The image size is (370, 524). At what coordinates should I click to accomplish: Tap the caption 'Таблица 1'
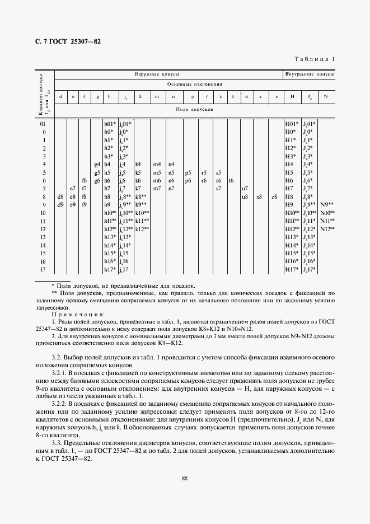(x=315, y=59)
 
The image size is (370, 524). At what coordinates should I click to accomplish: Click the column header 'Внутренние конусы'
(x=310, y=74)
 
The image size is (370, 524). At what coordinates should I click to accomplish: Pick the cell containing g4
(x=97, y=165)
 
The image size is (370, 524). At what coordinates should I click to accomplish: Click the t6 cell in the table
(x=231, y=181)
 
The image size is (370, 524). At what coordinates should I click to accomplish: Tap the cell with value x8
(x=259, y=197)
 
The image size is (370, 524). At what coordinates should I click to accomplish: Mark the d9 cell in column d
(x=60, y=205)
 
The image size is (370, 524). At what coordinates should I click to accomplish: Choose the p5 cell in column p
(x=188, y=173)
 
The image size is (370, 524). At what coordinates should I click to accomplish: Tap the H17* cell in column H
(x=291, y=270)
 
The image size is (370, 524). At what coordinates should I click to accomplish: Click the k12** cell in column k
(x=142, y=230)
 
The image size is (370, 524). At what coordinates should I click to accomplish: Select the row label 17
(x=43, y=270)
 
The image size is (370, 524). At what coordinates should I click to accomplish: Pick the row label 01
(x=43, y=124)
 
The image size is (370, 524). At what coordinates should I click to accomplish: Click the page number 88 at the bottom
(x=185, y=478)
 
